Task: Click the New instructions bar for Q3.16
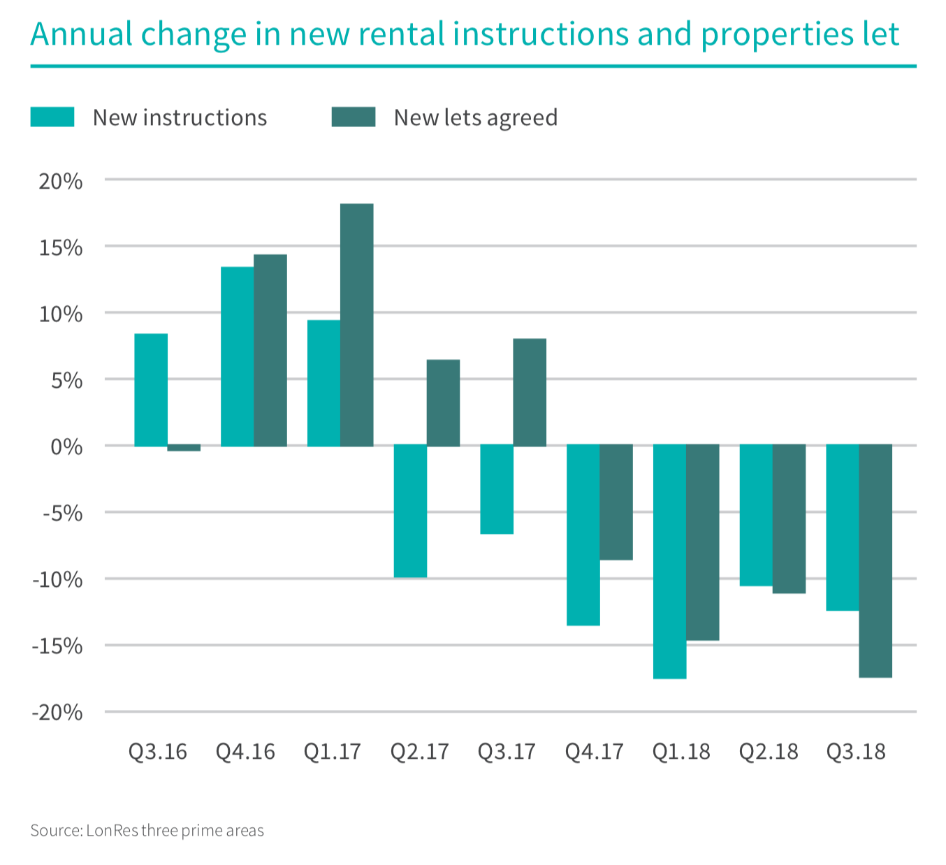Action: (151, 390)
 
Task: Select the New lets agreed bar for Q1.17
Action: (357, 325)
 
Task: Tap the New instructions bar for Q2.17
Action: (410, 511)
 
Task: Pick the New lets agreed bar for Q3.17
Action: (530, 393)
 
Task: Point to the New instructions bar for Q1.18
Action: (669, 562)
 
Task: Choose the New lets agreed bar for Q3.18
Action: (875, 561)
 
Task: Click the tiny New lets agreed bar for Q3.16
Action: (184, 448)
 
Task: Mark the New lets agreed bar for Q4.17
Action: (616, 502)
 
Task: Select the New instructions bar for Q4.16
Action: (238, 356)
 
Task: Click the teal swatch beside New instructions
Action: (52, 117)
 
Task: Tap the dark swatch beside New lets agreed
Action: (354, 117)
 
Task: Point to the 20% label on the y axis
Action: (61, 182)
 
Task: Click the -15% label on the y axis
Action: (57, 646)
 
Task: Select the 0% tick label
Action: (66, 447)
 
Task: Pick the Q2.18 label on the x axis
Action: (769, 752)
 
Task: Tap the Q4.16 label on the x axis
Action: (245, 752)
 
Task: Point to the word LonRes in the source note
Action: (112, 831)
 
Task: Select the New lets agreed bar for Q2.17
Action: (443, 402)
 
